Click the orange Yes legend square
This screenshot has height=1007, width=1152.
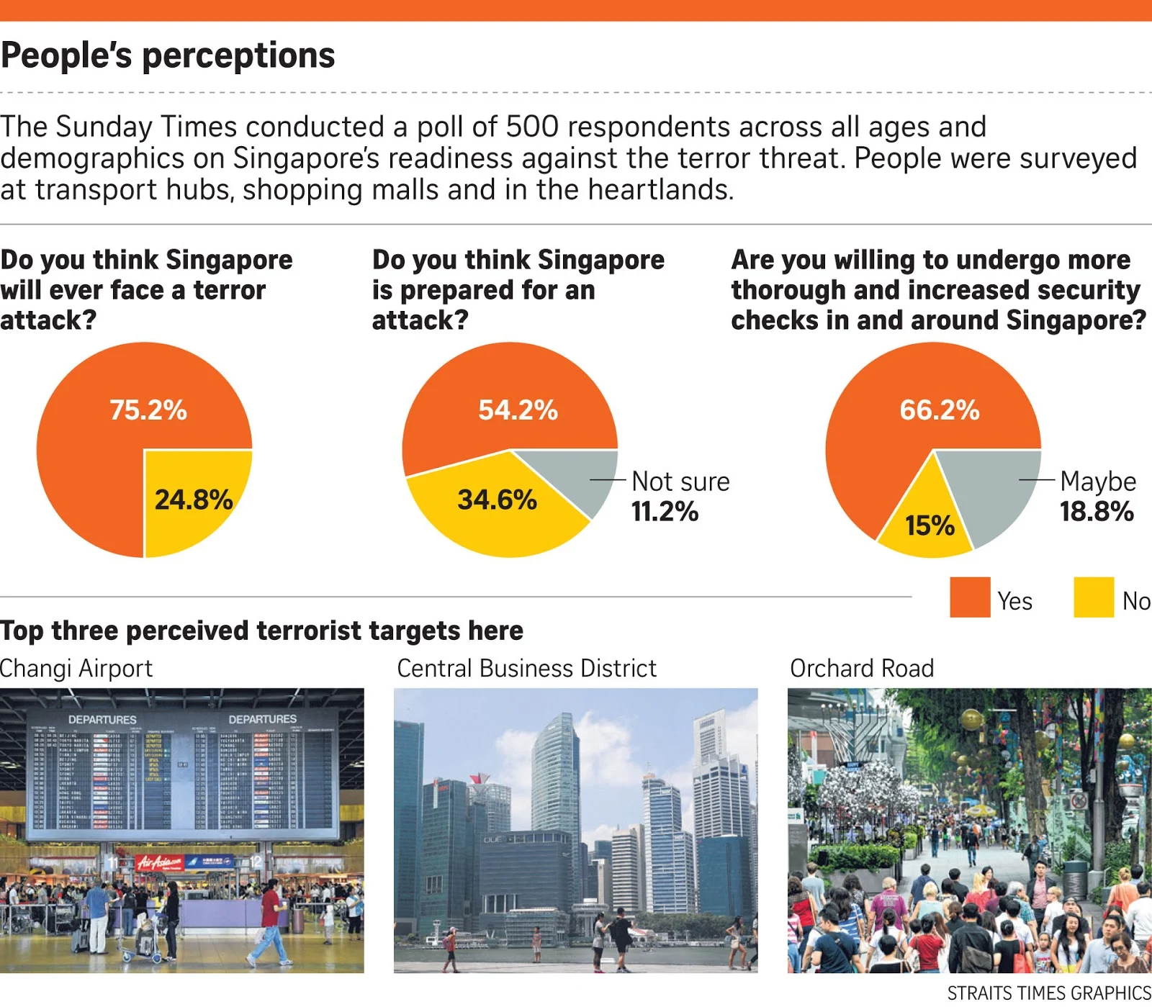(970, 597)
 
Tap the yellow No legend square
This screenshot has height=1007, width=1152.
(1093, 597)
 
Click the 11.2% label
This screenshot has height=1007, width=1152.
(665, 512)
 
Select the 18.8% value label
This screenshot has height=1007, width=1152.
(1096, 512)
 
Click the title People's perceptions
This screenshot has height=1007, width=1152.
(168, 55)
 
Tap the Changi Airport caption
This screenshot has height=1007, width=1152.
(76, 669)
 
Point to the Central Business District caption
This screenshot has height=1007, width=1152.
(526, 669)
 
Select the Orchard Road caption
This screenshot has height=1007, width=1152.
(862, 669)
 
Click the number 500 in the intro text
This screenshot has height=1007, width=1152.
(532, 127)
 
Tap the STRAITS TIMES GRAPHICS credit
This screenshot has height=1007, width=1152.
(1048, 993)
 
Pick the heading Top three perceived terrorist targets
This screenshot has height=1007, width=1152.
(261, 631)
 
